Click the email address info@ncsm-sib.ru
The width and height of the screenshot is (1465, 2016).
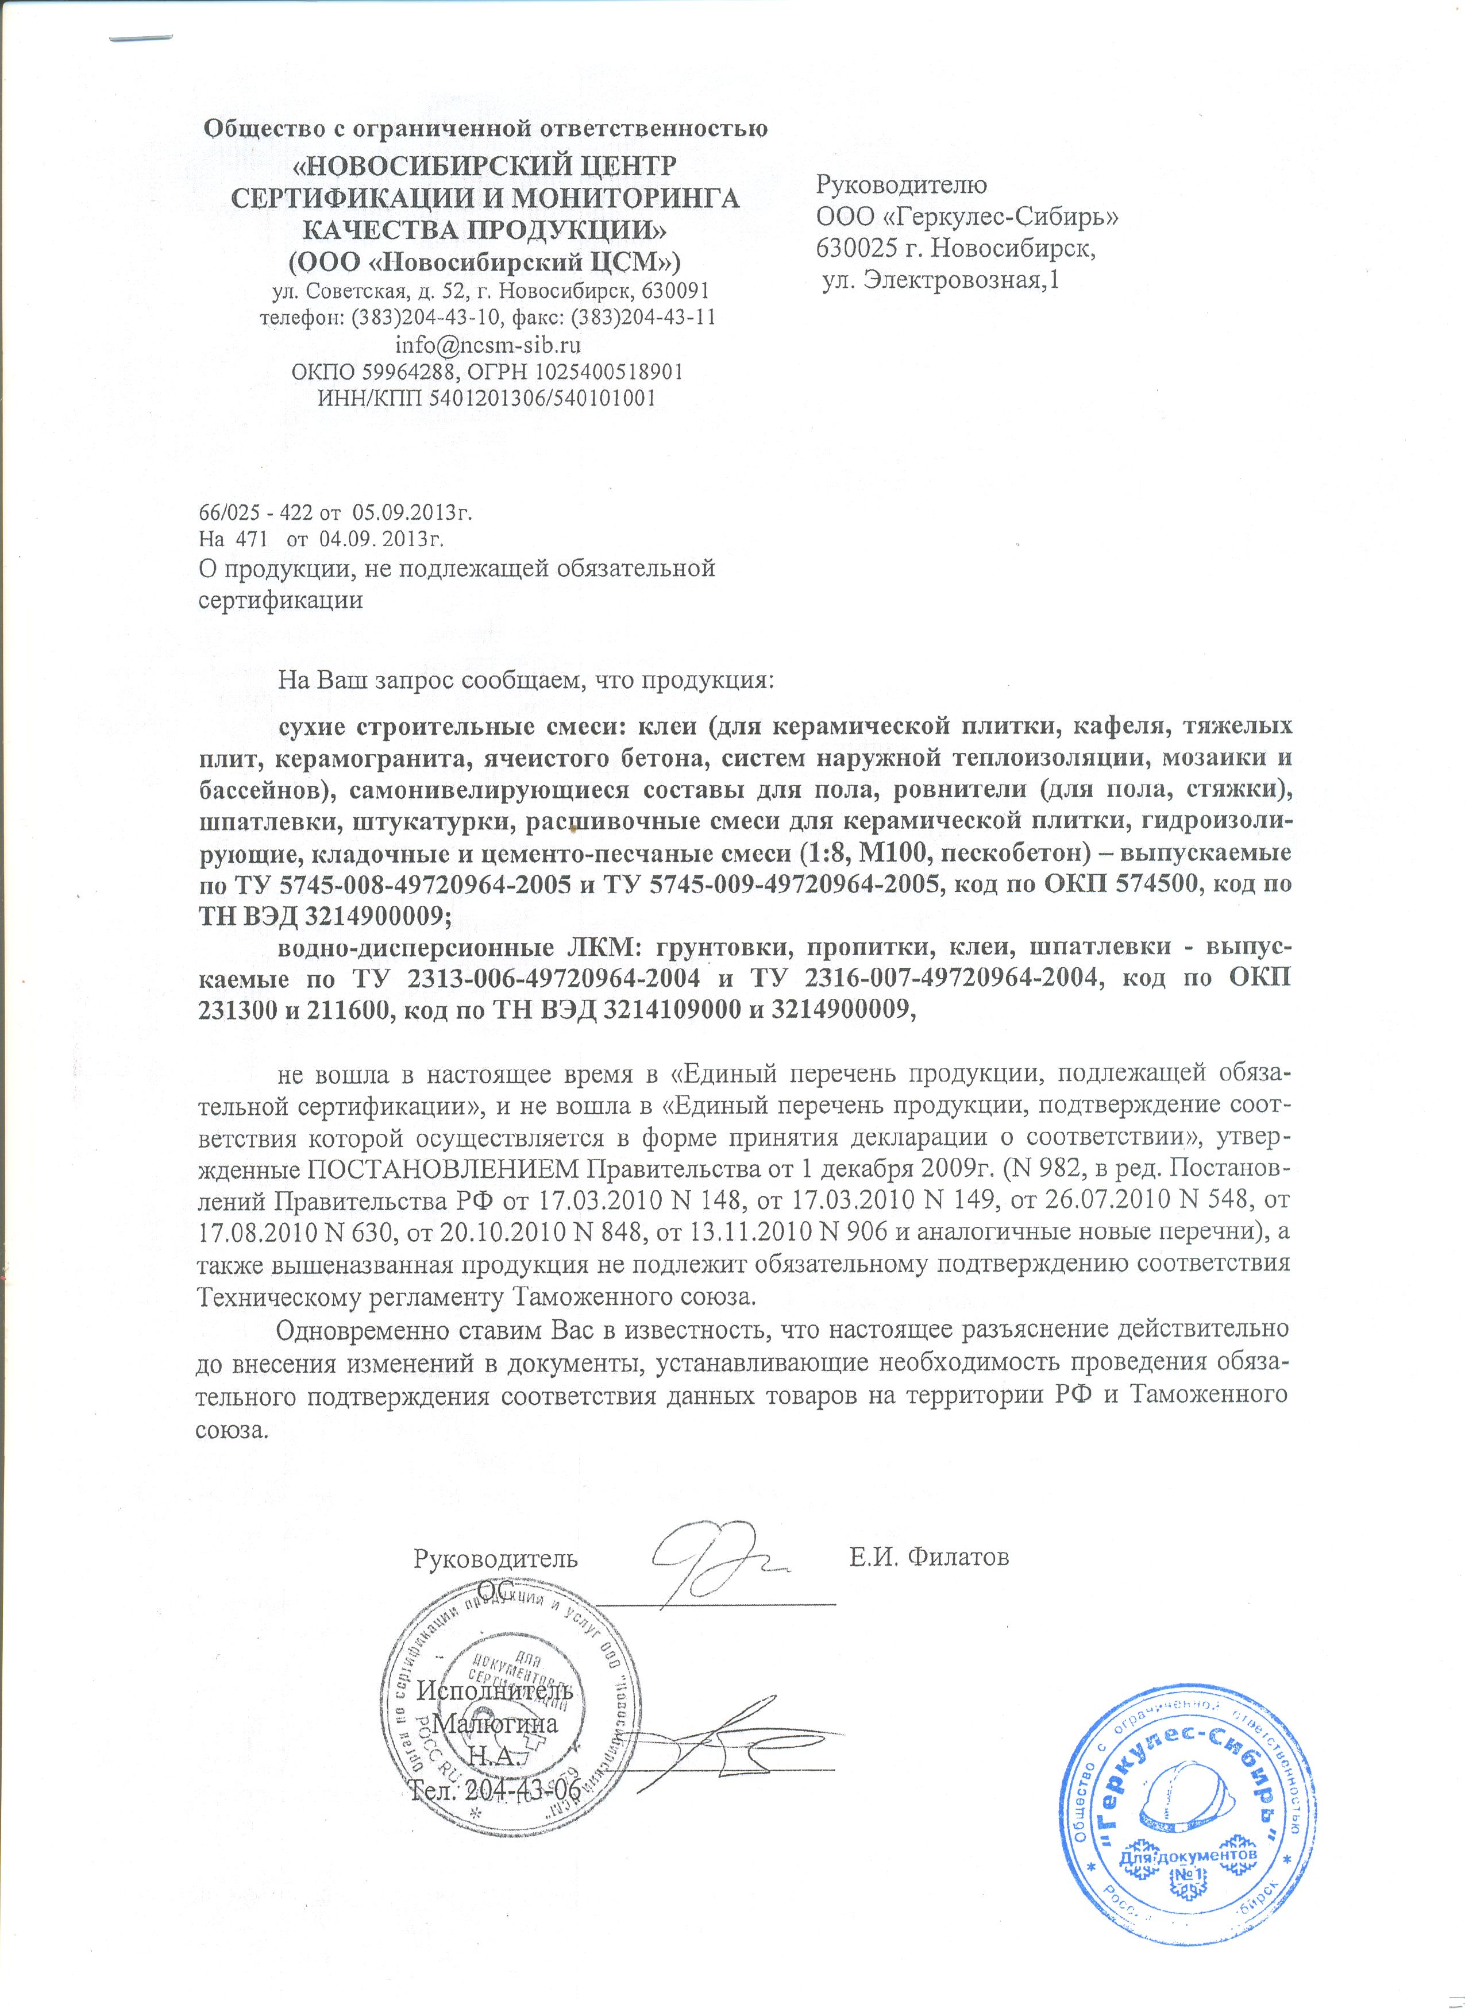click(x=488, y=344)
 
